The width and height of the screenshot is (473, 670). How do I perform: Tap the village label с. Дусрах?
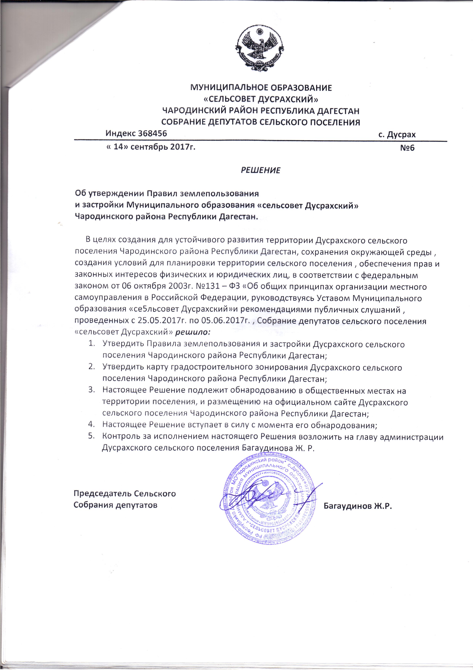(x=397, y=134)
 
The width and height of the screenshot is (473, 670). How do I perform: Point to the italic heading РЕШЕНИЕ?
(x=261, y=170)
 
